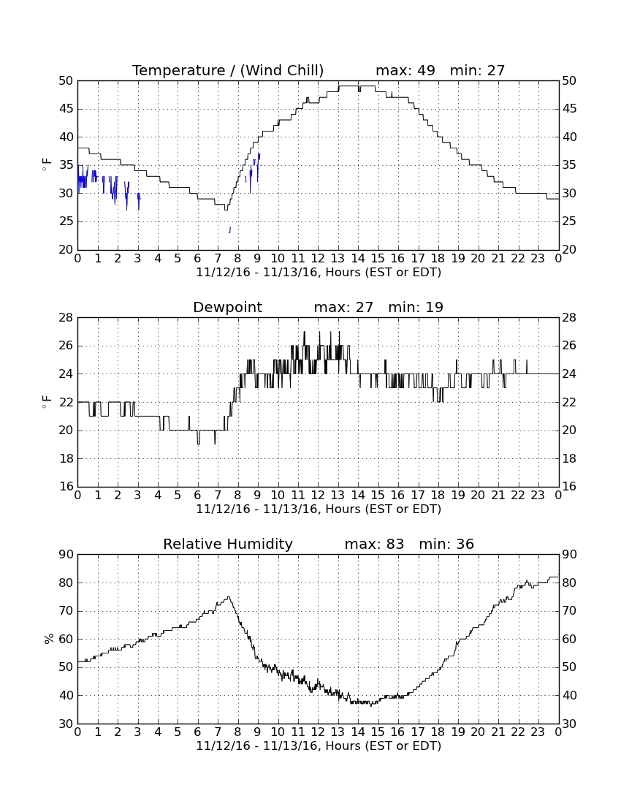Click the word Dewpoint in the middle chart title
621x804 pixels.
point(227,307)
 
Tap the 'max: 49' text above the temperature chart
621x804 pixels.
point(405,70)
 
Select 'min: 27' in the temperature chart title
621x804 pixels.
point(477,70)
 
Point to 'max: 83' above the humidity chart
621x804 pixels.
point(374,544)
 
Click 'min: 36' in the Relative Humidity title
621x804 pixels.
point(446,544)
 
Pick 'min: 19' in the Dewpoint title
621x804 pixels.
point(416,307)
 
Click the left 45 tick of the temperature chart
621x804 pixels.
point(66,109)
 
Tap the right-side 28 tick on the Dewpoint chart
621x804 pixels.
point(568,318)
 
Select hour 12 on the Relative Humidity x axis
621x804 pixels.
point(318,732)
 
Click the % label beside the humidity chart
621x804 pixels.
point(49,639)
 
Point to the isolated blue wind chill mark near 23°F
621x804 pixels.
point(229,230)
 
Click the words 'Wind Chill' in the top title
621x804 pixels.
point(282,70)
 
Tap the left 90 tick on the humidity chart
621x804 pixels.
point(66,554)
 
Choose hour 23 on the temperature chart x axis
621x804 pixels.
point(538,259)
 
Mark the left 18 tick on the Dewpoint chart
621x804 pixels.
point(66,458)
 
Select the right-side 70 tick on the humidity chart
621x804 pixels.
point(568,611)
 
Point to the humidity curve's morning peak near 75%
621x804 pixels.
point(229,597)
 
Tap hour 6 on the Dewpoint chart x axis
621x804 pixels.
point(198,496)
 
